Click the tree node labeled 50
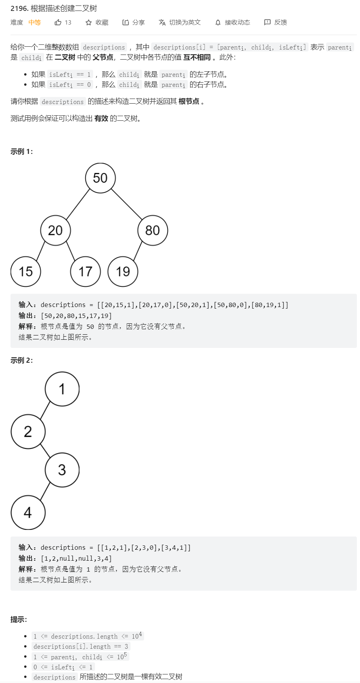click(x=100, y=178)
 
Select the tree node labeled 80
click(x=152, y=230)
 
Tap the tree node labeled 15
click(x=26, y=272)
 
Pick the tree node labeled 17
click(x=85, y=272)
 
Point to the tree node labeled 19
click(x=123, y=272)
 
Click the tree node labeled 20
click(x=55, y=230)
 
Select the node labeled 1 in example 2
click(x=62, y=389)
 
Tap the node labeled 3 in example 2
click(x=62, y=470)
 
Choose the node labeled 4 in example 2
click(x=28, y=512)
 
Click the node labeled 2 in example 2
click(x=28, y=431)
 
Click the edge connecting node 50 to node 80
click(x=127, y=204)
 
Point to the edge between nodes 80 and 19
click(x=138, y=251)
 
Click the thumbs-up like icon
click(x=58, y=23)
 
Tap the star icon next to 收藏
click(x=88, y=23)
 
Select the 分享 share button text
click(x=138, y=23)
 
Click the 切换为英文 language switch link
click(x=185, y=23)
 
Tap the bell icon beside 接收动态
click(x=218, y=23)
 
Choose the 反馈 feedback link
click(x=280, y=23)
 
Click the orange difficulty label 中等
click(x=35, y=23)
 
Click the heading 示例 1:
click(x=22, y=152)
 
